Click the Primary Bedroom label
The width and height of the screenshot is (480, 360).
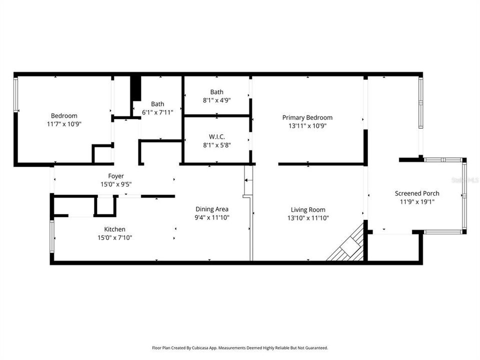(307, 117)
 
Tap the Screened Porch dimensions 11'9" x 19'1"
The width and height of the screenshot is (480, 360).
(417, 202)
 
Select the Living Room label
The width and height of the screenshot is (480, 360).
(308, 209)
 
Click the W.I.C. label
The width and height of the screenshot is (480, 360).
(216, 137)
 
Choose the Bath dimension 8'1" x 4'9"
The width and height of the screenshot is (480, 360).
(216, 100)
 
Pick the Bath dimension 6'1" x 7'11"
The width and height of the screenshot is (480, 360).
(157, 112)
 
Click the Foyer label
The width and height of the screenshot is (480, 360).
(116, 176)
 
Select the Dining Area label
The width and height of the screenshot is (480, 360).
(212, 209)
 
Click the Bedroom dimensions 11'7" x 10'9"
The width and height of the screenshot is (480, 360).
(64, 124)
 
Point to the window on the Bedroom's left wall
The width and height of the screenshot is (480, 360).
(16, 95)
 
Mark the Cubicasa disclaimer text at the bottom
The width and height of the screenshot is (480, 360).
(240, 347)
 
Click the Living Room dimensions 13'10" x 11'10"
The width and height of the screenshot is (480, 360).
(308, 217)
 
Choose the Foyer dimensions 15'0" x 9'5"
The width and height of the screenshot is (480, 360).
(116, 184)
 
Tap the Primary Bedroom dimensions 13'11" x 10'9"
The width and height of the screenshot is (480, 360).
(307, 126)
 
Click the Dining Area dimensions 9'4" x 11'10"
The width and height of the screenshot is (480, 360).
(212, 217)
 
